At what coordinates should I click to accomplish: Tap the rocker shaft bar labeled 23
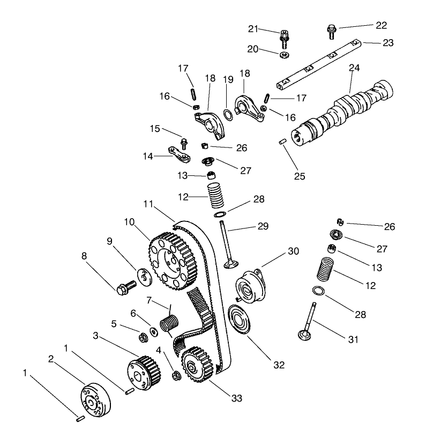pyautogui.click(x=316, y=62)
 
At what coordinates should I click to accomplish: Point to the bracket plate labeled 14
pyautogui.click(x=178, y=155)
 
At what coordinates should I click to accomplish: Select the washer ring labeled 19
pyautogui.click(x=228, y=113)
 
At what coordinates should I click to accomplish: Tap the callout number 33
pyautogui.click(x=236, y=398)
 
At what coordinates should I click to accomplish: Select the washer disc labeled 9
pyautogui.click(x=143, y=274)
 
